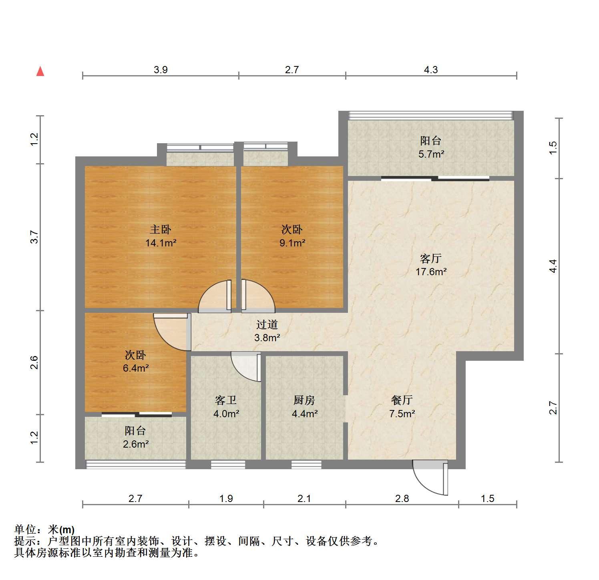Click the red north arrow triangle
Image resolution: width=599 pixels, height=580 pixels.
coord(40,71)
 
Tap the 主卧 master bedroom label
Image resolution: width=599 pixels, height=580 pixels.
coord(161,229)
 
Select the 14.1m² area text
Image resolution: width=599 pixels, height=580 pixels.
coord(161,242)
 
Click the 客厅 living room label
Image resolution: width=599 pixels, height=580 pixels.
coord(431,258)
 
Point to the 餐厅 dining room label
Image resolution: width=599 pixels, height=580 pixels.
coord(402,400)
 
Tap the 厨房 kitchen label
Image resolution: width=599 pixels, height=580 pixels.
coord(304,400)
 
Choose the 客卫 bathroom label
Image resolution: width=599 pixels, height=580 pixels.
coord(226,400)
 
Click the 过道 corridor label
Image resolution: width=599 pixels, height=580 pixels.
coord(267,324)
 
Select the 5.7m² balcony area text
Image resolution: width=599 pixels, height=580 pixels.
coord(431,154)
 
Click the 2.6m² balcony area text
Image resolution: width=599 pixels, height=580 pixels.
coord(136,444)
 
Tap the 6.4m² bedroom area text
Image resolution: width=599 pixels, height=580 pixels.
coord(136,368)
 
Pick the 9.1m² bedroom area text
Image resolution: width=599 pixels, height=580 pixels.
coord(292,242)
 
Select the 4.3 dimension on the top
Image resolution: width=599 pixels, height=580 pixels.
coord(431,70)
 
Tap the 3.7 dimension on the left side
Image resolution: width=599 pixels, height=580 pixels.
coord(35,237)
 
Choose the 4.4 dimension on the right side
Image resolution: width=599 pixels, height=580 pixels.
coord(553,266)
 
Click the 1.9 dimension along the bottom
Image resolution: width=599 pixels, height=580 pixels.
coord(226,498)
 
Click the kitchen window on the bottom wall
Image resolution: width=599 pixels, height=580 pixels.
coord(306,464)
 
